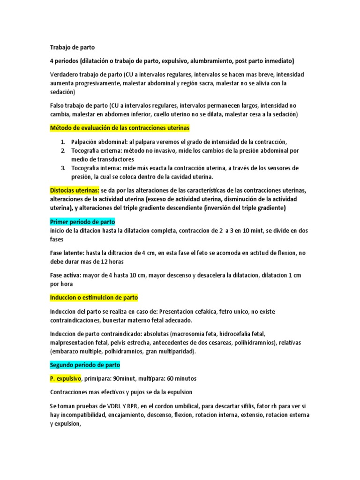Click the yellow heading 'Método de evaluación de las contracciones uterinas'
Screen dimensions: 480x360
(120, 128)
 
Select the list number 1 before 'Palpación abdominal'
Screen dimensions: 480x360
(63, 142)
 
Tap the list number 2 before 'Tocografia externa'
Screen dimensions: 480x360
(63, 150)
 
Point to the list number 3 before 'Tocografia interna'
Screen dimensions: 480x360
(63, 168)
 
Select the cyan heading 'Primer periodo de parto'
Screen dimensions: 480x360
(82, 222)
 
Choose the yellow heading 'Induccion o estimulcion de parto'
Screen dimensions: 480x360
(94, 298)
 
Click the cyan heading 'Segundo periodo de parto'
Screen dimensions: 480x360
(85, 365)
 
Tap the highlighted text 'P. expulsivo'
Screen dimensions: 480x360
(66, 378)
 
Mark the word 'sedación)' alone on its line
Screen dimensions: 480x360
(62, 92)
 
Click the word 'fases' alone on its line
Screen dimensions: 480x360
(57, 240)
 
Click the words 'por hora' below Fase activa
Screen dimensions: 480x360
(61, 284)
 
